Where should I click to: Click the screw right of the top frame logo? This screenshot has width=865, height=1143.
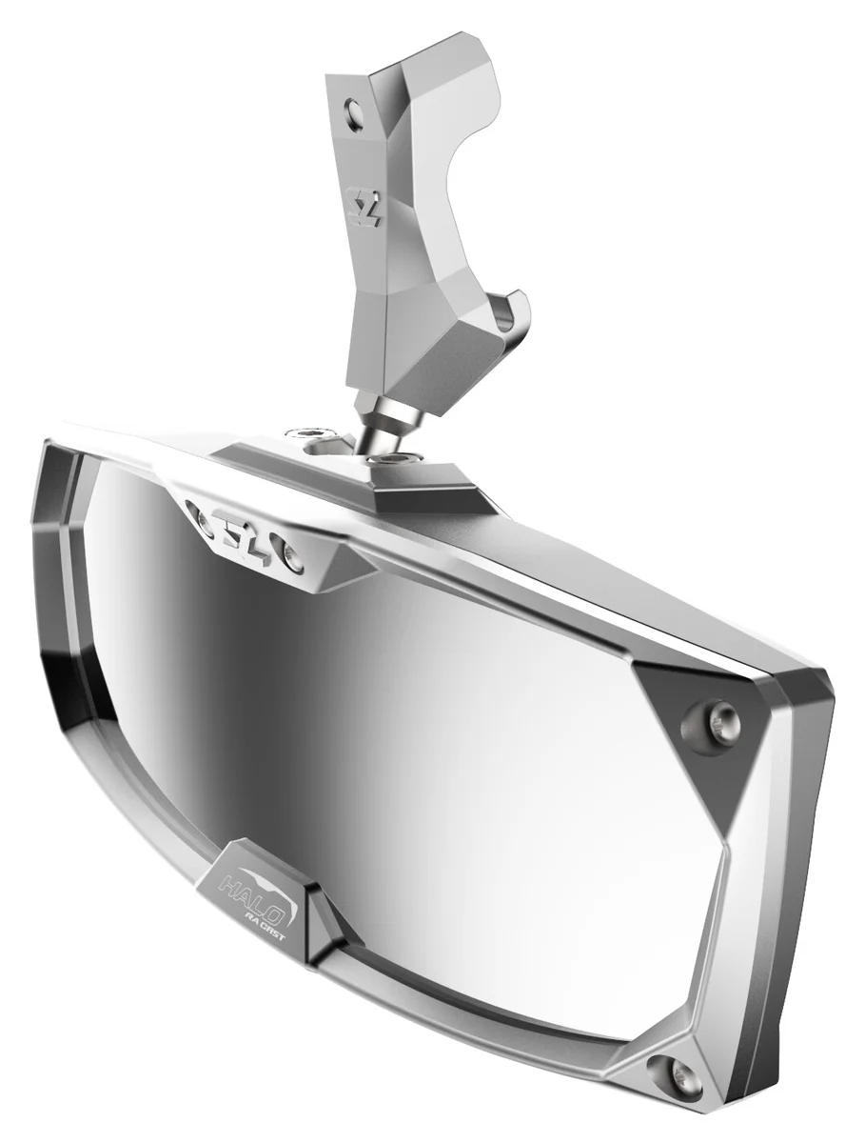pos(291,557)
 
